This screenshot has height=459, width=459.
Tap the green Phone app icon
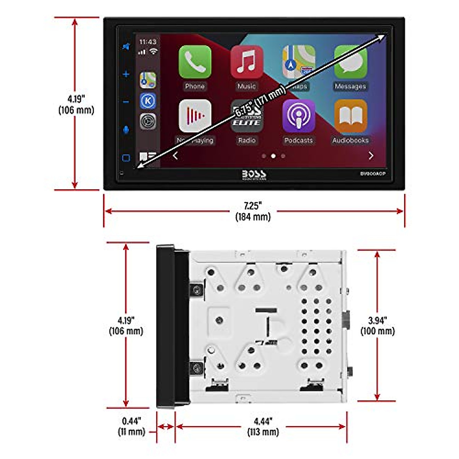coord(195,62)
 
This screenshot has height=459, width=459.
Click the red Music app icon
coord(247,62)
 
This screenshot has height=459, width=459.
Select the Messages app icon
coord(350,62)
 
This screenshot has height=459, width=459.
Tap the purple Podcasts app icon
coord(298,116)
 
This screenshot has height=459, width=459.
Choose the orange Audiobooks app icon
coord(350,116)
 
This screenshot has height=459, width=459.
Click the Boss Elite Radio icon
coord(247,116)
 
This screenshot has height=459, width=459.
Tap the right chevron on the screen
coord(371,156)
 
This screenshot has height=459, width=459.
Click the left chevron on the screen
coord(175,156)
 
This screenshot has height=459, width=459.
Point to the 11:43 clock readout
coord(148,42)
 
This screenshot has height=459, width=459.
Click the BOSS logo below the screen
coord(254,175)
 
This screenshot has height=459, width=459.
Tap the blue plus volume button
coord(126,74)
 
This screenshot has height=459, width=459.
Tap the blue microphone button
coord(126,130)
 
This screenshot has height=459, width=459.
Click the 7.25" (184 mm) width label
coord(253,211)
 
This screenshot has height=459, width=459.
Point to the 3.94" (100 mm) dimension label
coord(377,326)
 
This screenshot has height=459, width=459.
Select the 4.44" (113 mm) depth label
coord(263,426)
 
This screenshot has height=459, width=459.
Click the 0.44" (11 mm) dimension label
coord(131,426)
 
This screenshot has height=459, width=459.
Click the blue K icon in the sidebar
coord(148,101)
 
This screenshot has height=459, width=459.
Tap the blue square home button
coord(126,158)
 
